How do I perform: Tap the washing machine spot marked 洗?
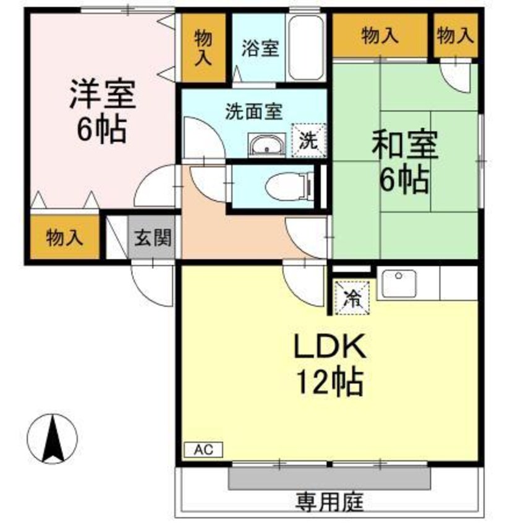(x=307, y=139)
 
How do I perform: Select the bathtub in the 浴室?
(x=307, y=48)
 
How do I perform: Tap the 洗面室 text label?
(x=253, y=112)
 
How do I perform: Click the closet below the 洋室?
(x=64, y=237)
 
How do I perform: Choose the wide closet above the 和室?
(x=380, y=36)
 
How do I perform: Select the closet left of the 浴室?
(x=203, y=49)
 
